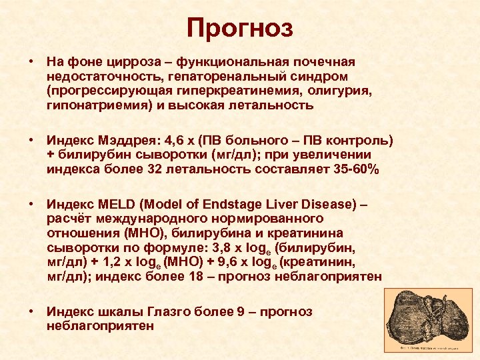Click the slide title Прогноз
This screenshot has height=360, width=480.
239,28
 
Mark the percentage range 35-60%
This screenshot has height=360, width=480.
356,170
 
